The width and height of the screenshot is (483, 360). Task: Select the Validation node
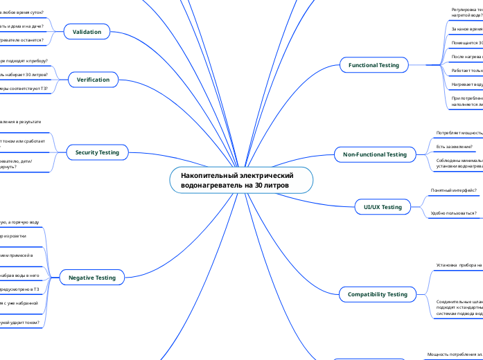click(87, 32)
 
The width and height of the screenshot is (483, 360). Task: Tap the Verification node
click(93, 80)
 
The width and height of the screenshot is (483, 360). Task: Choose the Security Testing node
click(96, 152)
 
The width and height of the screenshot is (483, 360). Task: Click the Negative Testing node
click(91, 278)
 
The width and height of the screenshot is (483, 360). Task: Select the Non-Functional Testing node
click(375, 154)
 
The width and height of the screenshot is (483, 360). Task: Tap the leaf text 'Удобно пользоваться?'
click(454, 213)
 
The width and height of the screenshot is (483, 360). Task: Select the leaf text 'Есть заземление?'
click(455, 147)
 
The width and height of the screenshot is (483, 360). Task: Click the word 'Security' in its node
click(85, 152)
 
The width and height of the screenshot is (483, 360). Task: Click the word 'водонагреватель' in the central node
click(208, 186)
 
